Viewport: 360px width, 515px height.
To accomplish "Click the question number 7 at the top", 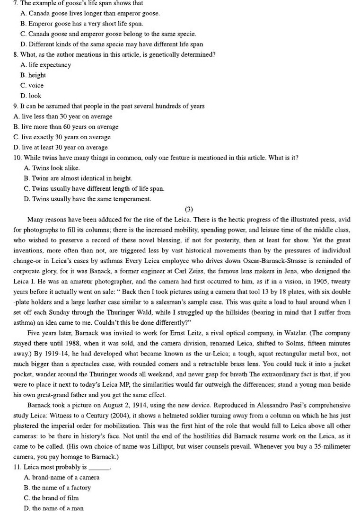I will (x=17, y=3).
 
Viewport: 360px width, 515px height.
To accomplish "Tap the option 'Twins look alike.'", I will (x=52, y=168).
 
